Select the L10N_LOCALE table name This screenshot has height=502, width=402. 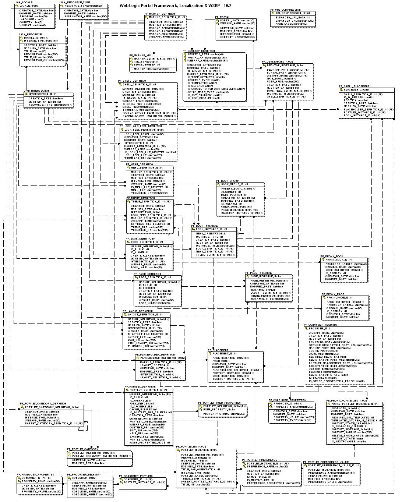pyautogui.click(x=24, y=2)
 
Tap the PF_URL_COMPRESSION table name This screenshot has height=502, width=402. pyautogui.click(x=285, y=10)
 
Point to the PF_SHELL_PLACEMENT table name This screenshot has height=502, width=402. pyautogui.click(x=354, y=86)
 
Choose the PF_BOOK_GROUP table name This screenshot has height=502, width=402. pyautogui.click(x=228, y=181)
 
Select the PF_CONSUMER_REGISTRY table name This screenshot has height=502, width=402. pyautogui.click(x=321, y=325)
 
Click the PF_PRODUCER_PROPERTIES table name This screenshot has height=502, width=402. pyautogui.click(x=33, y=475)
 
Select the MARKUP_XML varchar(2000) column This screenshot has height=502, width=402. pyautogui.click(x=151, y=69)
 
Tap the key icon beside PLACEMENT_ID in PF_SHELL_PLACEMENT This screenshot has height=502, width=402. pyautogui.click(x=341, y=90)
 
